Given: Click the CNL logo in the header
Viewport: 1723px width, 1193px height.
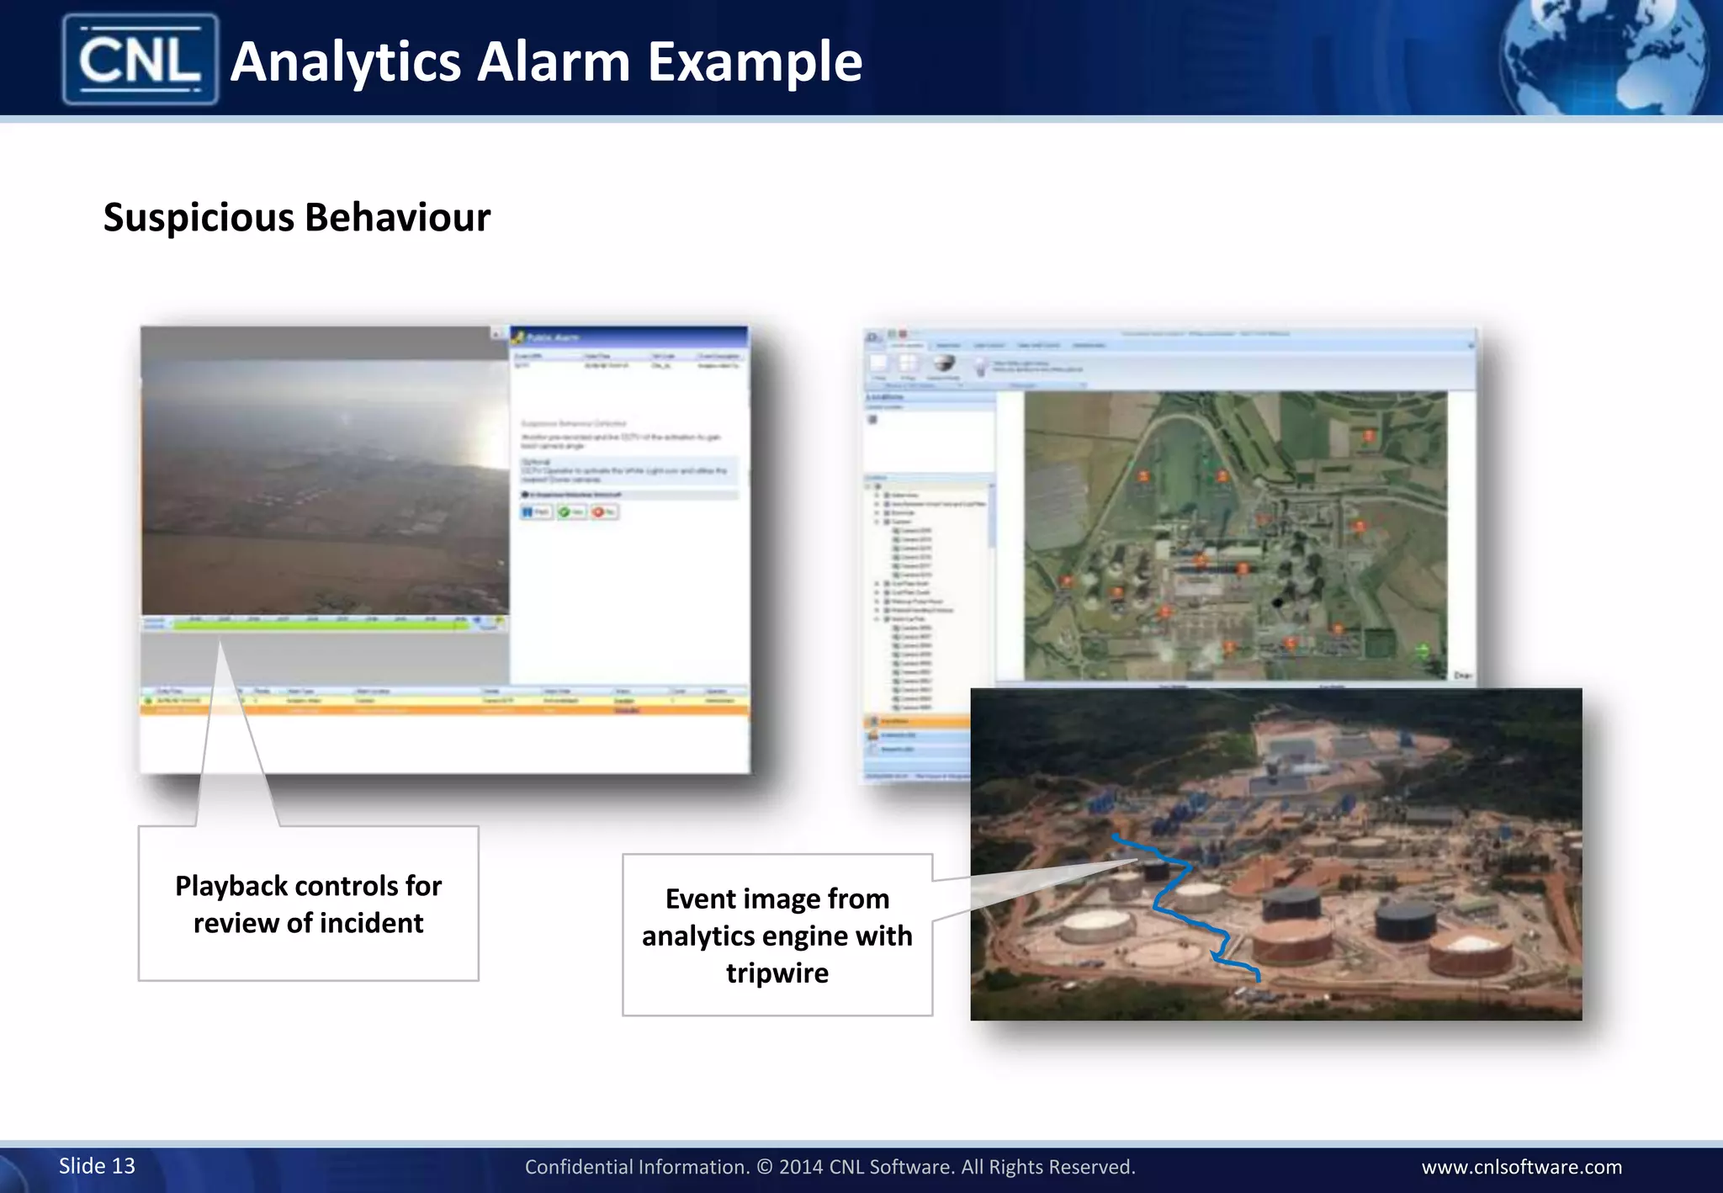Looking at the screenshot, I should [140, 59].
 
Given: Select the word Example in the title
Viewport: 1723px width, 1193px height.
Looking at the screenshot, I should [755, 61].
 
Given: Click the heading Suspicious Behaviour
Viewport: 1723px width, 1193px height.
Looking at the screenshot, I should [296, 217].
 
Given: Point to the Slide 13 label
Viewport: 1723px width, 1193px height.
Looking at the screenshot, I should [97, 1165].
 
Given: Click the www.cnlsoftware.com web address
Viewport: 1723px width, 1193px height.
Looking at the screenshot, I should [1521, 1167].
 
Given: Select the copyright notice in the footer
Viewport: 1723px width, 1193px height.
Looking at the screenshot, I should [830, 1167].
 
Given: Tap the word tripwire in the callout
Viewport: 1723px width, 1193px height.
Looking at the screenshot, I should [777, 973].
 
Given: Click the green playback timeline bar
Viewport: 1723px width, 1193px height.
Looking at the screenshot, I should [320, 624].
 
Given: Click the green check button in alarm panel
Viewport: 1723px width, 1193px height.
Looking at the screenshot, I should [571, 512].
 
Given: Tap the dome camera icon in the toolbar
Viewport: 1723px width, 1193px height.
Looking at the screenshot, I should [945, 363].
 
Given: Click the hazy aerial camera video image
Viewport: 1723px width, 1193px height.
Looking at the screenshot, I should [325, 480].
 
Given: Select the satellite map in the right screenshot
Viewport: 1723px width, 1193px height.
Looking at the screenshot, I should [1234, 535].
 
